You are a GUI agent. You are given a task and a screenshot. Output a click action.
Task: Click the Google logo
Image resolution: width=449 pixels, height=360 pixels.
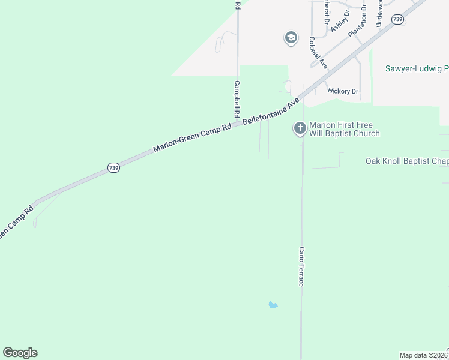tap(20, 353)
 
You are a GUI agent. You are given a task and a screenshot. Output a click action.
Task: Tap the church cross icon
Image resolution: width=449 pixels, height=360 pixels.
tap(300, 128)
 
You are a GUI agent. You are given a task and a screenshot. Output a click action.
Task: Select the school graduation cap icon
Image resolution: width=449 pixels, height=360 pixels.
tap(291, 38)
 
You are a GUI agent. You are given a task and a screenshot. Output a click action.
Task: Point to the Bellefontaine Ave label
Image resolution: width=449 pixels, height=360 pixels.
tap(271, 112)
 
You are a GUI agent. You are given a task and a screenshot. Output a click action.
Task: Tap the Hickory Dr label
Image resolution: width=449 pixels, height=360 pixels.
tap(343, 91)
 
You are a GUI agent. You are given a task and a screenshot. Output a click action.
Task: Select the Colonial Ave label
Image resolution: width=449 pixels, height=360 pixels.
tap(318, 52)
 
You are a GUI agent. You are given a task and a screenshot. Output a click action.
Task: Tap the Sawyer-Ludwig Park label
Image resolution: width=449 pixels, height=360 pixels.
tap(417, 69)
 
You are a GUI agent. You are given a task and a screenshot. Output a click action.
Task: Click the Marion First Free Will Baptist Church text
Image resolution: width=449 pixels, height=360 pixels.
tap(344, 130)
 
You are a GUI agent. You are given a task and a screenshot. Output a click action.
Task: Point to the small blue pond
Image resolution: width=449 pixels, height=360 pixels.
tap(273, 305)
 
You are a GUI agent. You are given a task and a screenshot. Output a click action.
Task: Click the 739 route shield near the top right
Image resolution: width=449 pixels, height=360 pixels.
tap(397, 20)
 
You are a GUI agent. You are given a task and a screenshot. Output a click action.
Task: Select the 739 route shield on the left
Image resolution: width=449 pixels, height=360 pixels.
tap(114, 168)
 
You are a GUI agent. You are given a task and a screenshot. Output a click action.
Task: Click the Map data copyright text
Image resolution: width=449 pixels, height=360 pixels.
tap(424, 355)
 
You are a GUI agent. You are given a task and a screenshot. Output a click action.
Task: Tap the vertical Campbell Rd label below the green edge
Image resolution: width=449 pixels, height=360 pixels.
tap(237, 99)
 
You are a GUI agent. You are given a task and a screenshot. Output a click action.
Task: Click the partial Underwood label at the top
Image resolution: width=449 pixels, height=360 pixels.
tap(379, 12)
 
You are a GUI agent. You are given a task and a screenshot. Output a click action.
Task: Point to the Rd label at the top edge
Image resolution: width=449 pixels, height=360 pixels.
tap(238, 4)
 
